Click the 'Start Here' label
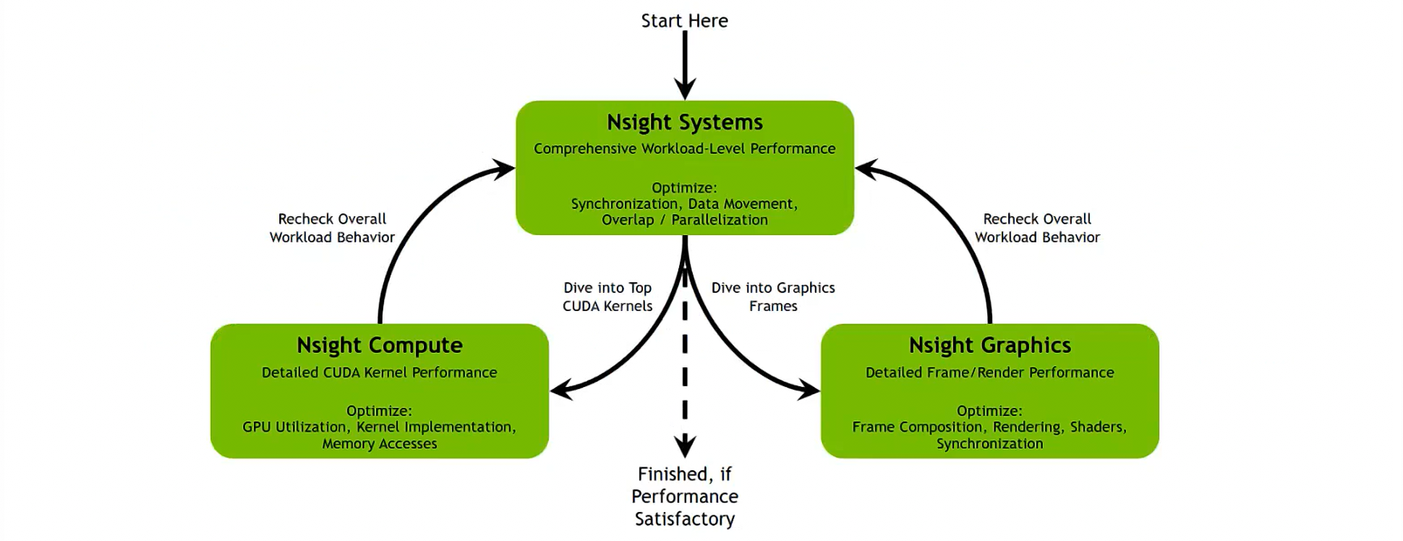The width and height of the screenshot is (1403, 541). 684,21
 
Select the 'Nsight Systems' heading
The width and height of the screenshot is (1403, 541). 684,122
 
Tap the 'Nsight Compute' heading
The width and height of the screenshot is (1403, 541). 379,346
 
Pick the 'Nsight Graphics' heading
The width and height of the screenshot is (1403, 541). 989,346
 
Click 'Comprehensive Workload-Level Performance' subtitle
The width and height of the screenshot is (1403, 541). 684,149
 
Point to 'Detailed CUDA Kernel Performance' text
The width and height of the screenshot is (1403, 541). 379,372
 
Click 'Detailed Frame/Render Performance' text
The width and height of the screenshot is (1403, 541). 989,372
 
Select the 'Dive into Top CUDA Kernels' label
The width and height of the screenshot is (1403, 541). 607,297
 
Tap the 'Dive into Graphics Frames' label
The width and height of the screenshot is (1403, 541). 772,297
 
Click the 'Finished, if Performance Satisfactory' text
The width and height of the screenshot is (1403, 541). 684,496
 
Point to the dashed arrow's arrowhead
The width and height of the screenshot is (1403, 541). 684,445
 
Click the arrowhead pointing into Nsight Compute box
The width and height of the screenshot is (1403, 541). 561,391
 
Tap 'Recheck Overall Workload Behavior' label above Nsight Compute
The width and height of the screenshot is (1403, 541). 332,229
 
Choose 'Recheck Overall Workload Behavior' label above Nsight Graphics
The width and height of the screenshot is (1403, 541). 1037,229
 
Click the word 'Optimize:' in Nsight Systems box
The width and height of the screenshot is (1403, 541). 684,188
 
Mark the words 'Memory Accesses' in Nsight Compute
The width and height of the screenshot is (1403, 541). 379,444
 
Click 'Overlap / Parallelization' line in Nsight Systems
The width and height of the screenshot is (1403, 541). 684,220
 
